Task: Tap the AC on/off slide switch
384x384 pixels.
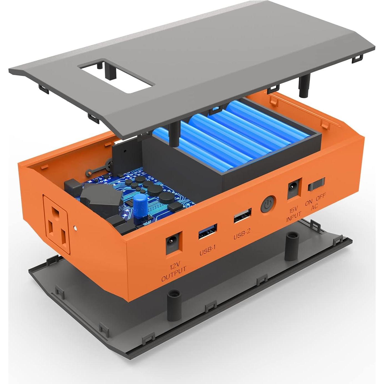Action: click(x=316, y=184)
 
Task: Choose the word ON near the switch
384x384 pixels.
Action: click(x=309, y=202)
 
